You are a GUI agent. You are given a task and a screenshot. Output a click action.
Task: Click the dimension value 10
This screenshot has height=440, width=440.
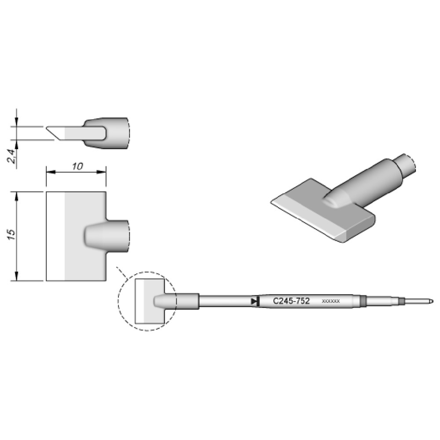pos(77,166)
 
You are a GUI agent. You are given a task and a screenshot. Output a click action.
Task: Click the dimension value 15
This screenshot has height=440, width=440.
pos(12,234)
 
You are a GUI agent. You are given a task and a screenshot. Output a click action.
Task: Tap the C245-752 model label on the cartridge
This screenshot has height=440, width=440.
pos(291,301)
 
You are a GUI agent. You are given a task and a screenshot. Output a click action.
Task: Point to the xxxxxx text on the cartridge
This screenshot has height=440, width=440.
pos(331,301)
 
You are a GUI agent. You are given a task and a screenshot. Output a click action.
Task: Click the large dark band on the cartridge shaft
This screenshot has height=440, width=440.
pos(363,301)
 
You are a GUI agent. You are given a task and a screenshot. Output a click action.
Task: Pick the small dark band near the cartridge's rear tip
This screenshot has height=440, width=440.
pos(401,301)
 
